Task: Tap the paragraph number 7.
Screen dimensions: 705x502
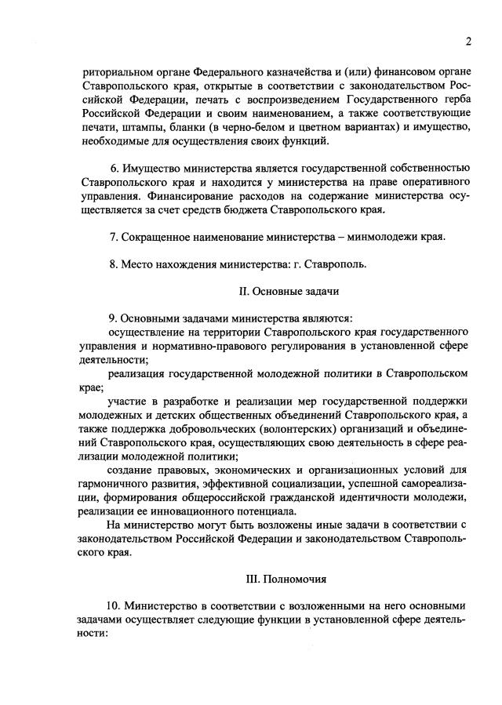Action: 114,237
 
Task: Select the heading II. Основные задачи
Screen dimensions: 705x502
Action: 289,291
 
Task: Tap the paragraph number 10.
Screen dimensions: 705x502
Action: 111,608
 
